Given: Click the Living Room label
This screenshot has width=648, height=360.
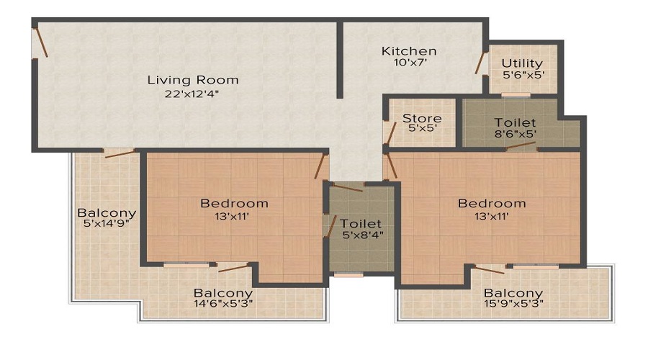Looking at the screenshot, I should coord(192,80).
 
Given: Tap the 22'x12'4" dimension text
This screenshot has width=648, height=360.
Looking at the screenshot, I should coord(192,94).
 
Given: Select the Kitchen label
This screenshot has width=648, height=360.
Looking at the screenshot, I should coord(409,51).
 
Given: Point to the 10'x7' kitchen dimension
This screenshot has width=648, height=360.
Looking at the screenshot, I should coord(409,63).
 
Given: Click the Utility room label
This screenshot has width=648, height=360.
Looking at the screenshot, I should coord(522,63).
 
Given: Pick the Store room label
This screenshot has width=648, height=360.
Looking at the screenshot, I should coord(422,118).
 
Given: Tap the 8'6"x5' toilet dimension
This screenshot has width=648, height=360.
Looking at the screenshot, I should coord(514,134).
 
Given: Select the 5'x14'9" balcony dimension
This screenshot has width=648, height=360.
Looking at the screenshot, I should coord(107,226).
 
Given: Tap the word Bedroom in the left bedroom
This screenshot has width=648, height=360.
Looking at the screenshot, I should coord(234,204).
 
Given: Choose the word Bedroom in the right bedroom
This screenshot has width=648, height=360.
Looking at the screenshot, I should coord(492,204).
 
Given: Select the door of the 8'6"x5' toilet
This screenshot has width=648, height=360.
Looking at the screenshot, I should coord(520,147).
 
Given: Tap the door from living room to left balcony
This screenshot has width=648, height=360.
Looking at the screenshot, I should coord(120,151).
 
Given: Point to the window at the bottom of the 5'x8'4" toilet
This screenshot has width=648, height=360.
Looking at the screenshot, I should coord(349,274).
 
